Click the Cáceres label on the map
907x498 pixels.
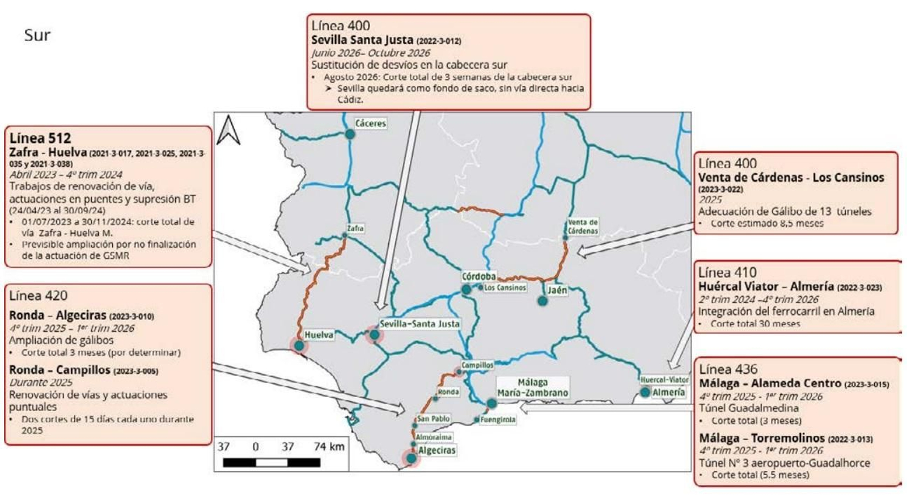pos(370,123)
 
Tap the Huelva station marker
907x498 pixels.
pos(299,345)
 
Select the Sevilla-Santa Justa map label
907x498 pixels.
pos(419,324)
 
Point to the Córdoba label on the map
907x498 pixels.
pos(478,276)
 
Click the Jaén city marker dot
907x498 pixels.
pos(542,301)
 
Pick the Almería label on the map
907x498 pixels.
pos(668,392)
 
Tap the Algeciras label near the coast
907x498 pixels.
pos(436,450)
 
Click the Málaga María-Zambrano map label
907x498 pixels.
pos(532,388)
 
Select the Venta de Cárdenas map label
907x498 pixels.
pos(583,227)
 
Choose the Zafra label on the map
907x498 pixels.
pos(355,228)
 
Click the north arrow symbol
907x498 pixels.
pos(228,130)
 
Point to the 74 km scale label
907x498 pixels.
pos(329,446)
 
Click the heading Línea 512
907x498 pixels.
pos(40,138)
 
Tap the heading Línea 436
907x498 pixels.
pos(728,369)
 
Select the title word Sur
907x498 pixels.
pos(37,35)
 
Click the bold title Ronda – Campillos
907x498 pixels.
pos(60,370)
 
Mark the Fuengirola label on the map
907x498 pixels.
pos(498,420)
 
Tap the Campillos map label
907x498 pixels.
pos(477,365)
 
